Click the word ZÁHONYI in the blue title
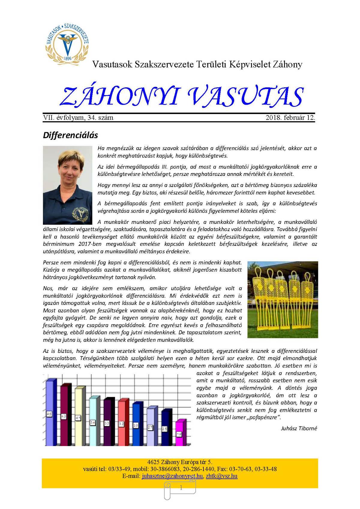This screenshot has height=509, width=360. [x=120, y=97]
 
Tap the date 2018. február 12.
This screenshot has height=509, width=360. [x=290, y=118]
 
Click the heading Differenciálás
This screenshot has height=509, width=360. [x=70, y=135]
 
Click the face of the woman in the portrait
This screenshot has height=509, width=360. [x=68, y=170]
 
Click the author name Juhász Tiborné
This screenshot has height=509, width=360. [x=299, y=428]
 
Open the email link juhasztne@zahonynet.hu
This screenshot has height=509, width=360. [x=172, y=476]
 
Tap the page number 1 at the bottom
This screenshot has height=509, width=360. [x=181, y=488]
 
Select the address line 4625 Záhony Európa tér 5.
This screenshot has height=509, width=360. [x=180, y=462]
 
